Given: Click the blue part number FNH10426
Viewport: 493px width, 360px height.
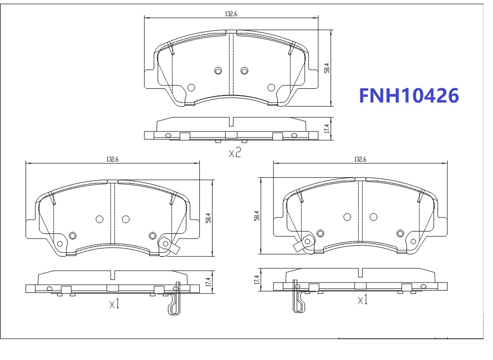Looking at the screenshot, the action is click(x=409, y=95).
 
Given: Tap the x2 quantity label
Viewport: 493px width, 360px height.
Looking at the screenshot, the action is click(x=235, y=153).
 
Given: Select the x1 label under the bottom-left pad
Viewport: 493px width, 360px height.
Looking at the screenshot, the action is click(x=114, y=304).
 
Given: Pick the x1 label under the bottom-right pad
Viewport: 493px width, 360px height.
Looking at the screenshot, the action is click(x=363, y=300).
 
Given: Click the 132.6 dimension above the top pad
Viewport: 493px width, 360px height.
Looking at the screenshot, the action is click(x=231, y=14).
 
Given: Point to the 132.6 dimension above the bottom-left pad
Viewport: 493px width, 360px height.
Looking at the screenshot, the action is click(x=112, y=159).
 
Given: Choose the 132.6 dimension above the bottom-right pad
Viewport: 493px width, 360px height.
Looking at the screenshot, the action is click(x=360, y=159).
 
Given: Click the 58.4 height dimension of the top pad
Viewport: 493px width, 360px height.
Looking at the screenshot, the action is click(x=327, y=68).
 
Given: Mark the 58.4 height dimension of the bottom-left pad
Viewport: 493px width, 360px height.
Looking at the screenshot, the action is click(x=208, y=218).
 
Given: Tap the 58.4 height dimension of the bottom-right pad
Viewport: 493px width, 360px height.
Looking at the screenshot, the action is click(x=257, y=215).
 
